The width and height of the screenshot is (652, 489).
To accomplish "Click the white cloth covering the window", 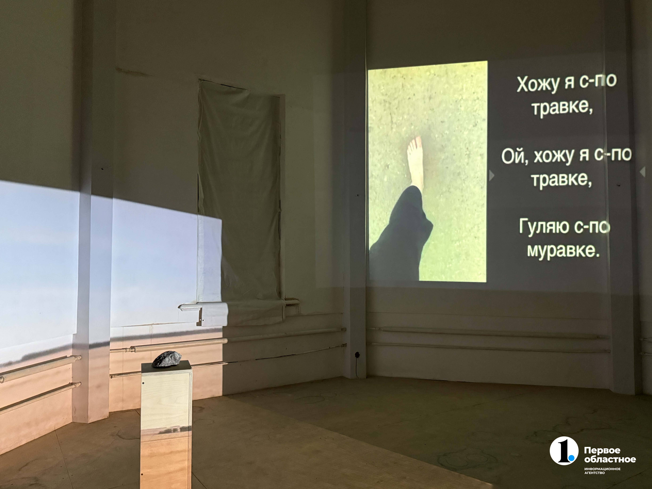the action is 240,203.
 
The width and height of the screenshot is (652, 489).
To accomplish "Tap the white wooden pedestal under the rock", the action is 166,424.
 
